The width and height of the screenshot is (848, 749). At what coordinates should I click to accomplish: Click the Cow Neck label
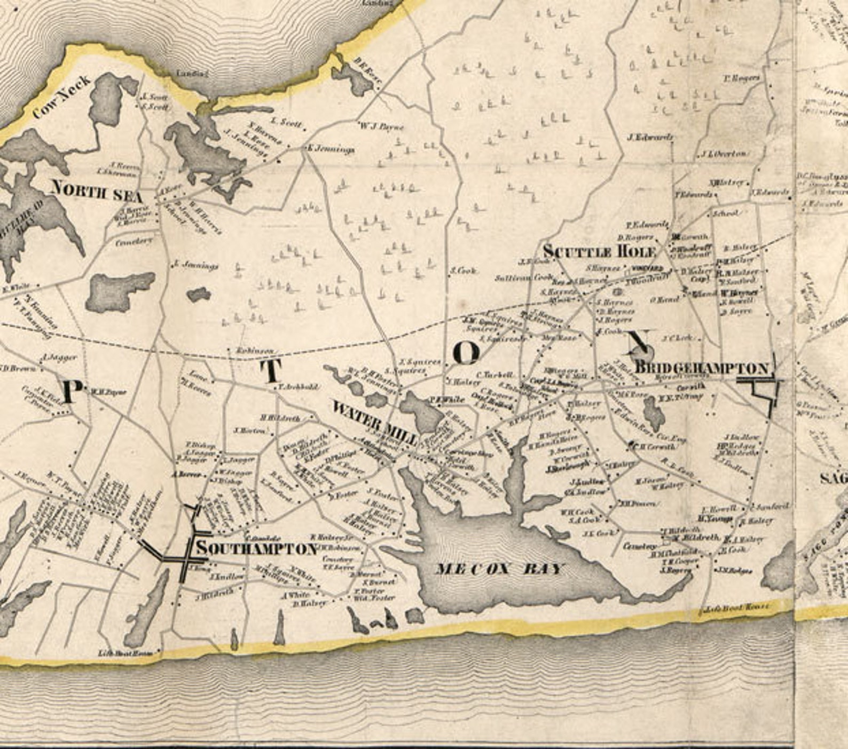(61, 97)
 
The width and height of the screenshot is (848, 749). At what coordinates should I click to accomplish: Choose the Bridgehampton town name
(702, 368)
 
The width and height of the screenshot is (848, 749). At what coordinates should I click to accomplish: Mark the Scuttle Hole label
(599, 251)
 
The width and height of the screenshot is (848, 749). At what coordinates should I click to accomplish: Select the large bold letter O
(466, 353)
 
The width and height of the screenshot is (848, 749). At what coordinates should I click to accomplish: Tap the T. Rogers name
(742, 78)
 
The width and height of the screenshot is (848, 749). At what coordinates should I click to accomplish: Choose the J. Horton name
(249, 430)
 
